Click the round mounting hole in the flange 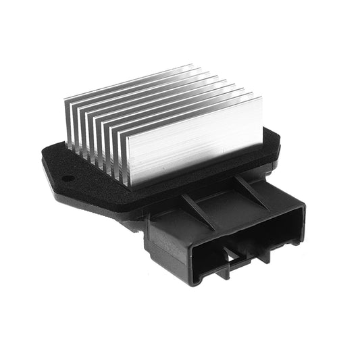(x=68, y=179)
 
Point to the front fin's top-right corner (x=261, y=97)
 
